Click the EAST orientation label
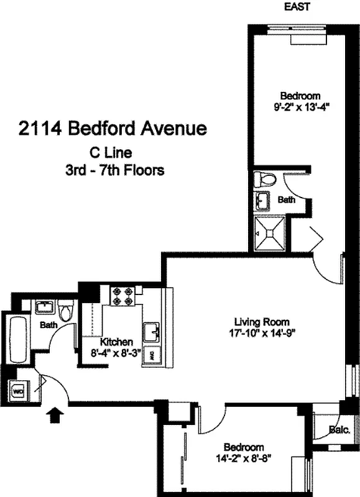coord(296,7)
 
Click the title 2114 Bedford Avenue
coord(112,129)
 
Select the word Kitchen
coord(116,342)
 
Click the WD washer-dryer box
coord(18,392)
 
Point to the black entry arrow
coord(55,414)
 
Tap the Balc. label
coord(339,429)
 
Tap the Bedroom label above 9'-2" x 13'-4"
coord(300,96)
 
